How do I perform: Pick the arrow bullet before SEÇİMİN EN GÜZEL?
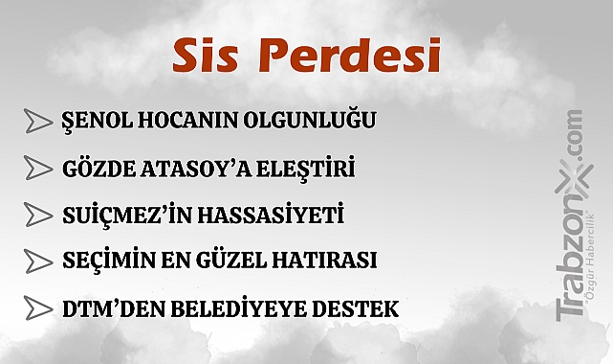point(38,260)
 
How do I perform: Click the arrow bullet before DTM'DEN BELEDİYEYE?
point(38,308)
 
